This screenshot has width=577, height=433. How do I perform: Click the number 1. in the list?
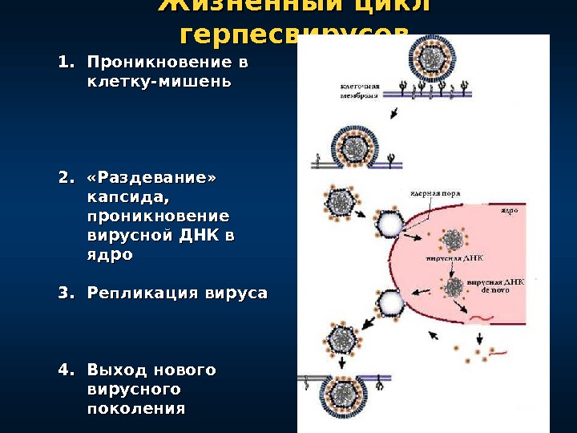pyautogui.click(x=66, y=63)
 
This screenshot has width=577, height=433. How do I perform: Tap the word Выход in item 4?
pyautogui.click(x=114, y=370)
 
